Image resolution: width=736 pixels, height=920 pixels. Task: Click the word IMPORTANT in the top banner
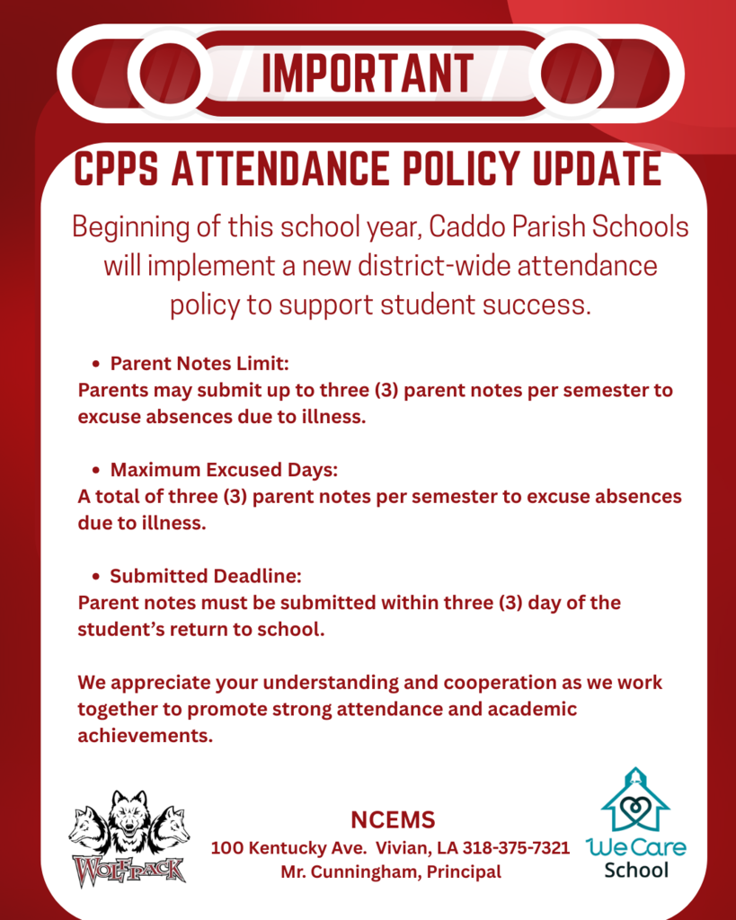pos(367,74)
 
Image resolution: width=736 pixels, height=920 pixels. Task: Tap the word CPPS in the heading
pos(118,169)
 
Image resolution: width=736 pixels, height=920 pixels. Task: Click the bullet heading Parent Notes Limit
pos(199,364)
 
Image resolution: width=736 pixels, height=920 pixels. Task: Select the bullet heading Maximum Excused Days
pos(224,470)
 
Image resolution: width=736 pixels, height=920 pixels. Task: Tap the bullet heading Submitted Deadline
pos(205,576)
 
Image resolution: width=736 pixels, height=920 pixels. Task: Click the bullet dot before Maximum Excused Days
pos(96,471)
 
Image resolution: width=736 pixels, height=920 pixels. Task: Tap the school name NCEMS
pos(393,819)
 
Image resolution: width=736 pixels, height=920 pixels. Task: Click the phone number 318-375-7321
pos(517,848)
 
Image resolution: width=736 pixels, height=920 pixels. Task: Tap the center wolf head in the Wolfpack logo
pos(129,818)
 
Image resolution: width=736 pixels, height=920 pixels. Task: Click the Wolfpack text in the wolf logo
pos(129,870)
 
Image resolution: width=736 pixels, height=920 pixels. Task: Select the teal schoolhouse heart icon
pos(635,801)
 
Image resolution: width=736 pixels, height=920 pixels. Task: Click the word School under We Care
pos(636,870)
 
